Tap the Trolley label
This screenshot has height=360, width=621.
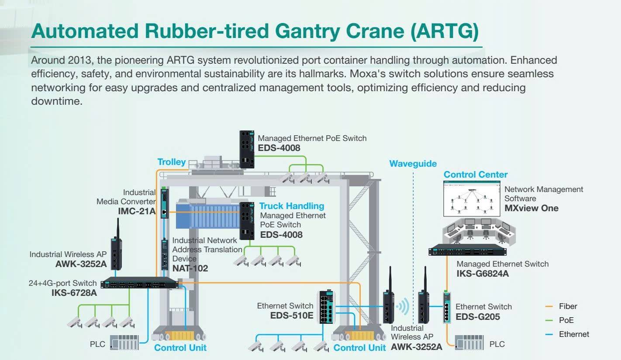172,162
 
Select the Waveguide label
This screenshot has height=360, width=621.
413,164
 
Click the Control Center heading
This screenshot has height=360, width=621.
476,175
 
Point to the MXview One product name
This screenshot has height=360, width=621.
531,208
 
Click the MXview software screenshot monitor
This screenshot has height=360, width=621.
472,199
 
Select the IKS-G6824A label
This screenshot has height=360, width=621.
483,274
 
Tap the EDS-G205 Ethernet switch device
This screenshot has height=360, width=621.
447,307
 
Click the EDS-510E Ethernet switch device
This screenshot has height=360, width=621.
326,307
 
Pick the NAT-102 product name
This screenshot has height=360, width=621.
190,268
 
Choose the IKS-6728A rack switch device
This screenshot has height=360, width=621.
139,283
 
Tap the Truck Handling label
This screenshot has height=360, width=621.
292,206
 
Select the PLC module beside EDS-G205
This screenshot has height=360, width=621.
469,342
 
